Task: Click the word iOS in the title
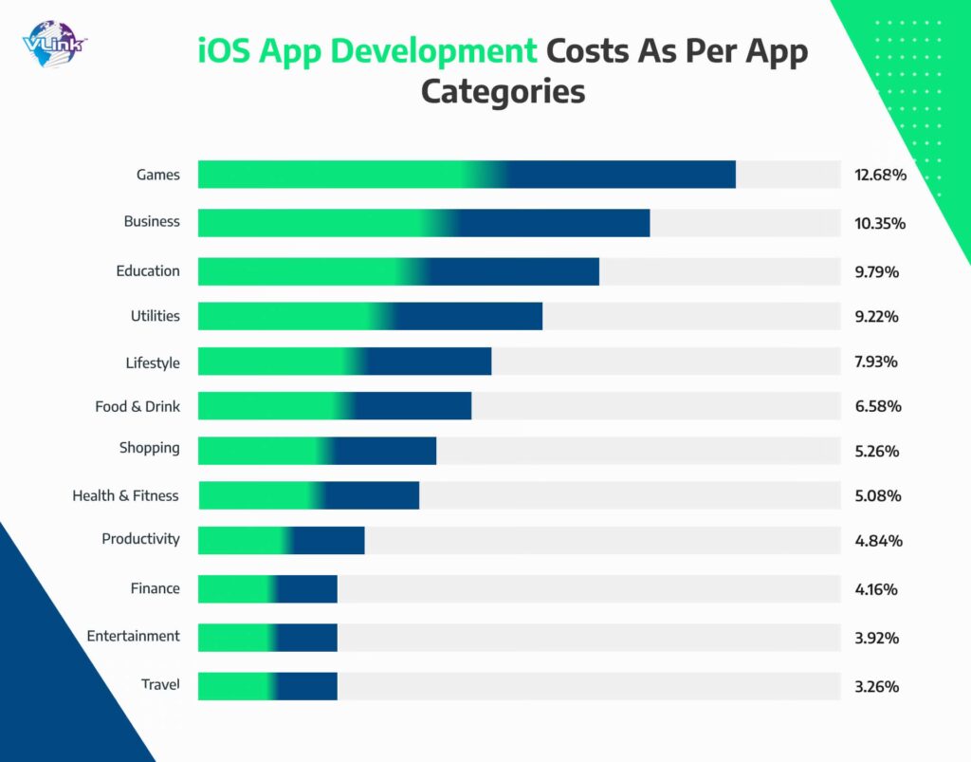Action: [x=223, y=51]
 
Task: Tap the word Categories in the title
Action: [x=503, y=91]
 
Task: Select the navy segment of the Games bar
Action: [x=621, y=175]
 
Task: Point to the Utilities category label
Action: [x=155, y=316]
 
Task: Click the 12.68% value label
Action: [x=880, y=176]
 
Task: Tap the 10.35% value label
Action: [x=880, y=224]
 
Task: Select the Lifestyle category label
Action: [x=153, y=362]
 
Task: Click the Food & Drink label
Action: [x=137, y=407]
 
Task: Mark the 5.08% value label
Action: [x=877, y=496]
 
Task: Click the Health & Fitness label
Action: [x=125, y=495]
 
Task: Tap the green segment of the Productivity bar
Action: [x=243, y=540]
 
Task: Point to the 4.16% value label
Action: [x=876, y=589]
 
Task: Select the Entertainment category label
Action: [x=133, y=636]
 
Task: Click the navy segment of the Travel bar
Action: [x=306, y=686]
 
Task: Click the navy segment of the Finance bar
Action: [x=306, y=588]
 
